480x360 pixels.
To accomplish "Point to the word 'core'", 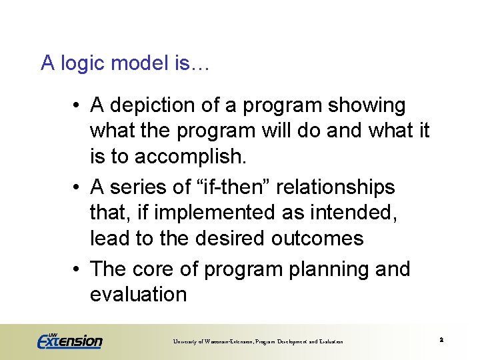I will point(153,269).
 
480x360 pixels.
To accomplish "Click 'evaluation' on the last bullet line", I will point(138,295).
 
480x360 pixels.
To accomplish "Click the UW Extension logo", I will point(69,341).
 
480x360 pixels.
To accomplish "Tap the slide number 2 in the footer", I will point(441,341).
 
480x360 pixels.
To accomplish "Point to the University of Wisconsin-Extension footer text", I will point(258,342).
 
